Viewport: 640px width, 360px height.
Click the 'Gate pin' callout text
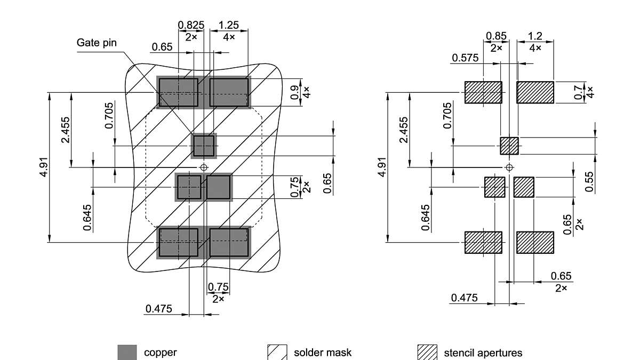click(96, 43)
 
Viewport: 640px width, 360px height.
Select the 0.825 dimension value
click(191, 25)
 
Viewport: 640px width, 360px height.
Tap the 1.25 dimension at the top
click(228, 25)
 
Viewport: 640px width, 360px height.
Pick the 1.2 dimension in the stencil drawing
click(535, 36)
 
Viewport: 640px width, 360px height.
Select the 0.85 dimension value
click(496, 36)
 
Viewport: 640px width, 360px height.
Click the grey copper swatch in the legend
click(127, 353)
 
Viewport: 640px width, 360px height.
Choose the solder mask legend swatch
click(277, 353)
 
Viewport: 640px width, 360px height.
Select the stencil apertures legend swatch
click(427, 353)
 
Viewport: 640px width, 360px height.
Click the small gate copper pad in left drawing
click(204, 146)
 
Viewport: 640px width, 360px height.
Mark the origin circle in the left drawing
click(203, 167)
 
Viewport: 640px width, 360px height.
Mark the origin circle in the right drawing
click(509, 167)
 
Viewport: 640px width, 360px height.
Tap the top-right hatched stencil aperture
click(535, 92)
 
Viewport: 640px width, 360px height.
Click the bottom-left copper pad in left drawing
click(178, 242)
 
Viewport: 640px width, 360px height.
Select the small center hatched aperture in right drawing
click(509, 146)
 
